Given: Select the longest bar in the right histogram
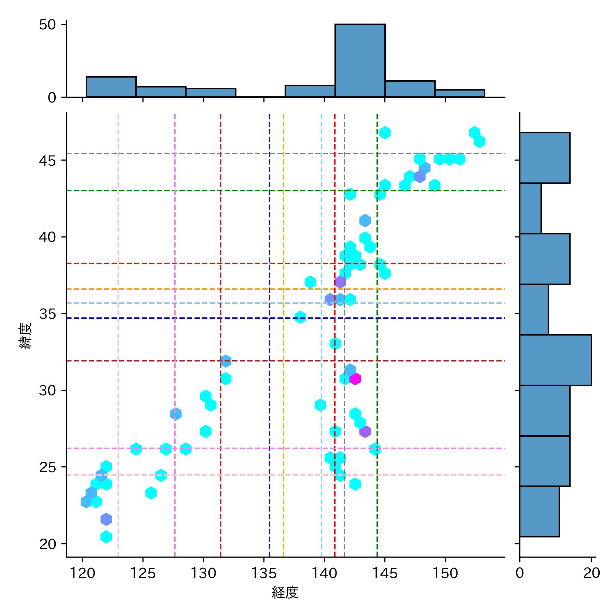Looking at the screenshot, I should pos(555,360).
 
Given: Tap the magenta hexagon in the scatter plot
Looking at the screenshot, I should pos(355,379).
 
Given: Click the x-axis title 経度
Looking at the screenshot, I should pos(285,592).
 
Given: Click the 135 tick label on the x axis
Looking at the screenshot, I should pos(264,573).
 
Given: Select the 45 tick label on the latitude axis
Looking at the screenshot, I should pos(47,161).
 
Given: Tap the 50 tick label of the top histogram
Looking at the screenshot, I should pos(47,25).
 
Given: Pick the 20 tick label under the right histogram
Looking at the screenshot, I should pos(591,573).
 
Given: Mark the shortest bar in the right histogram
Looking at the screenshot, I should pos(530,208).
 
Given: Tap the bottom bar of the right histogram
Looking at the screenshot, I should pos(539,511).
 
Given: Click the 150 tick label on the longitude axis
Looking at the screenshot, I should pos(445,573).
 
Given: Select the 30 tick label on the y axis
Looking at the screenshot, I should pos(47,391).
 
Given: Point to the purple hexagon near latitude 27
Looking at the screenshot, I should pos(365,432).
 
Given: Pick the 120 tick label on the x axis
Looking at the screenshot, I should pos(82,573).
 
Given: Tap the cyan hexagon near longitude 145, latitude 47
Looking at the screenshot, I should pos(385,133).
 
